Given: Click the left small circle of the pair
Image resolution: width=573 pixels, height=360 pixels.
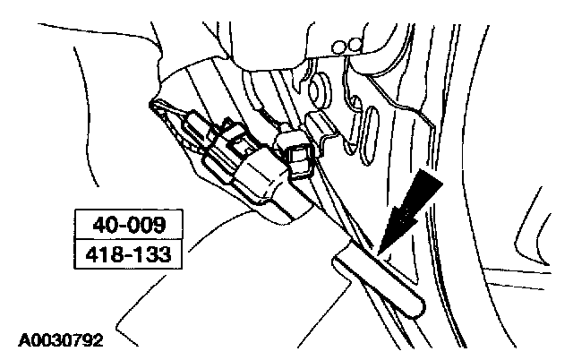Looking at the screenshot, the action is pyautogui.click(x=338, y=47).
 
